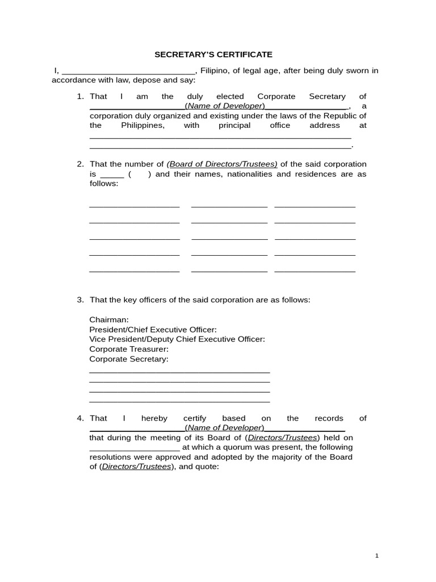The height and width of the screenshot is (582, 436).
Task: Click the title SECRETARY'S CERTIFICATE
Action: (213, 55)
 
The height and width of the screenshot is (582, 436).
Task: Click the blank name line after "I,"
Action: (128, 72)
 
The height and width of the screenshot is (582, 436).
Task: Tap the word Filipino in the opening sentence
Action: (215, 70)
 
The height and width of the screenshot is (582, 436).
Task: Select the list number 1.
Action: (80, 97)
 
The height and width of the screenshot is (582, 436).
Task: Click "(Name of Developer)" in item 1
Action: (225, 106)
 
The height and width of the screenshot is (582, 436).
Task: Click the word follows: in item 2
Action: (104, 184)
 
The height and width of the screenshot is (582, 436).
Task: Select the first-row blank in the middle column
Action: (229, 206)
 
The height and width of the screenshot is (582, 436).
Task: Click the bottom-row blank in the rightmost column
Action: (315, 271)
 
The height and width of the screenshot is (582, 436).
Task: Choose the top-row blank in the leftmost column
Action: (135, 206)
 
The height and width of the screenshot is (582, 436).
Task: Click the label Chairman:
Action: (109, 319)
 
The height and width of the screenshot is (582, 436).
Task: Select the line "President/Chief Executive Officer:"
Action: (153, 329)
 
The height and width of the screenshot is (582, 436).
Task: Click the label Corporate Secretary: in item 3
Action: (129, 359)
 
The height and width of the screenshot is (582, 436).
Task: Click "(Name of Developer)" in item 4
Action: (225, 427)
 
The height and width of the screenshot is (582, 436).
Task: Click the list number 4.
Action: (80, 418)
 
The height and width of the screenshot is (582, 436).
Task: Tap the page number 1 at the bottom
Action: (376, 556)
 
